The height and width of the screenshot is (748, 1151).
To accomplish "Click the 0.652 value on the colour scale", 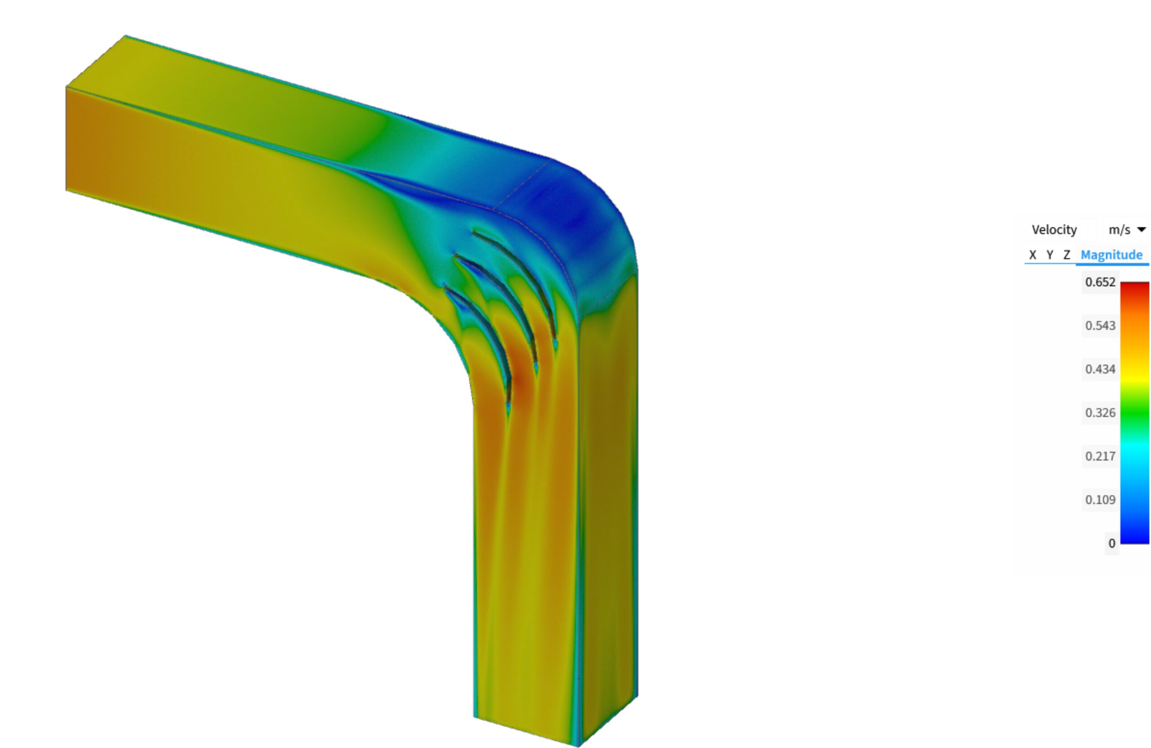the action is tap(1100, 282).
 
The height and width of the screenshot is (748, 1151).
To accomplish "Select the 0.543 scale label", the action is tap(1100, 326).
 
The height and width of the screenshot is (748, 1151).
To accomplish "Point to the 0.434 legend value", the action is tap(1100, 369).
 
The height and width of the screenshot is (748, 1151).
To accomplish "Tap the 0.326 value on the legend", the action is tap(1100, 413).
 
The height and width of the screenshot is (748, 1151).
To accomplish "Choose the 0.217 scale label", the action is tap(1100, 456).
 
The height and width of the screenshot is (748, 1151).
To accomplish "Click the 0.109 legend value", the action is tap(1100, 500).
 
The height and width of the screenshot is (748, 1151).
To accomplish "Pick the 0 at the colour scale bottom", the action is tap(1112, 543).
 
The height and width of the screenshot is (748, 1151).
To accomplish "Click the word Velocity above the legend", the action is tap(1054, 230).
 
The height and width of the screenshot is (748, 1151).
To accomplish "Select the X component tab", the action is tap(1032, 255).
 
